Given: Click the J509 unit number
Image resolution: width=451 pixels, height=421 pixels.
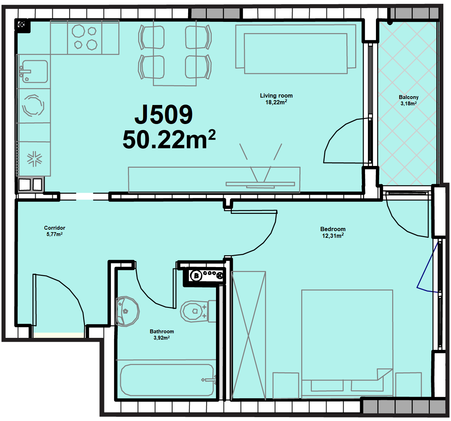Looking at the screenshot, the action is [163, 114].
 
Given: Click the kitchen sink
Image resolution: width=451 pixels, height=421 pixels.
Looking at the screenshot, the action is [33, 71].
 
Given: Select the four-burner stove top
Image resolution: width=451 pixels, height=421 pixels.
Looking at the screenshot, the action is [85, 37].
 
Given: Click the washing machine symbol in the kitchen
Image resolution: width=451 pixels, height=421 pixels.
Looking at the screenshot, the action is [33, 105].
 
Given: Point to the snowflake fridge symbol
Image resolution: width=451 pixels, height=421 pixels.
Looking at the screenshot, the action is [35, 159].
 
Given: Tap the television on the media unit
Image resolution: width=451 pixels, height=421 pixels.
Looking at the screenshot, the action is [260, 184].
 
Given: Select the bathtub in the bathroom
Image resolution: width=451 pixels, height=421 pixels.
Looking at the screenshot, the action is [167, 380].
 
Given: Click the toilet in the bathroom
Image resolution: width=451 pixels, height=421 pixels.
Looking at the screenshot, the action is [198, 311].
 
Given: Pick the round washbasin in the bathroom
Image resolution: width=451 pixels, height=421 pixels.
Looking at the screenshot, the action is [127, 311].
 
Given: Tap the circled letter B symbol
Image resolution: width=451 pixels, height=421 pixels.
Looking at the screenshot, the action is [196, 276].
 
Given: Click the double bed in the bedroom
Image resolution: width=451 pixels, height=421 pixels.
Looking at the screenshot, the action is [347, 344].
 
